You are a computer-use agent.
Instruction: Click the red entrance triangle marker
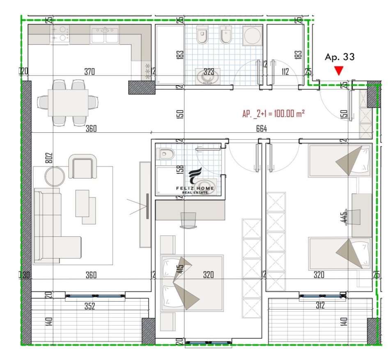[339, 70]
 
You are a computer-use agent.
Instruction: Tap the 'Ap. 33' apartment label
[340, 57]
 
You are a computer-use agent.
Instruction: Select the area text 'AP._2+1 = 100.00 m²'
[273, 114]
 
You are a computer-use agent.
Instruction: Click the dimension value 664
[262, 129]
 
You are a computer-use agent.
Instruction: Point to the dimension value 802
[50, 158]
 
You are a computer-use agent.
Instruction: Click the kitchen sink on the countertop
[105, 35]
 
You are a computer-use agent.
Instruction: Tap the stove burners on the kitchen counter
[60, 35]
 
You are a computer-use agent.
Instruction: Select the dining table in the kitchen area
[68, 103]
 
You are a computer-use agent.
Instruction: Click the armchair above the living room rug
[83, 166]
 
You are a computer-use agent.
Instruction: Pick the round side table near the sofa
[55, 176]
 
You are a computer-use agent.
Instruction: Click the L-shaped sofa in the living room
[57, 225]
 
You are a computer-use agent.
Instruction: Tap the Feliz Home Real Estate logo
[195, 181]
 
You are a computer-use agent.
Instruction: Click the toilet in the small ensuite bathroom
[164, 154]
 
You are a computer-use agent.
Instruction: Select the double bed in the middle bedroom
[192, 283]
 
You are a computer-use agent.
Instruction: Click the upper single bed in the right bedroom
[340, 161]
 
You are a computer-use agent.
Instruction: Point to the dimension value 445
[344, 217]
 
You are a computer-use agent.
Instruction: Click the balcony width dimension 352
[89, 306]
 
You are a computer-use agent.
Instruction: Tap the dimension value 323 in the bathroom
[209, 72]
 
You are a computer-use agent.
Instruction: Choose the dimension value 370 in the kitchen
[89, 72]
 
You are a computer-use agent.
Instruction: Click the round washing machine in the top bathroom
[252, 36]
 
